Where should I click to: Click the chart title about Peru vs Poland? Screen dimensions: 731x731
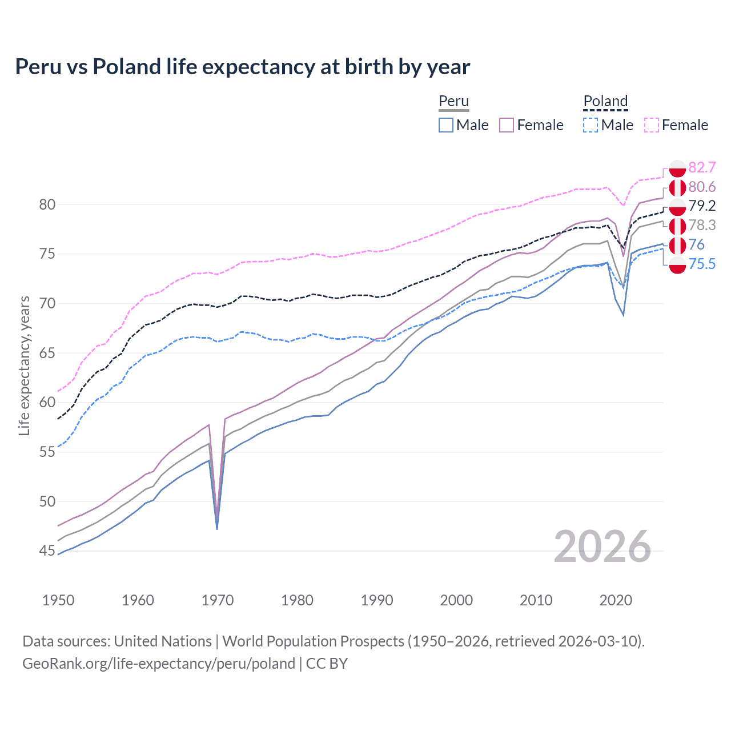pyautogui.click(x=242, y=67)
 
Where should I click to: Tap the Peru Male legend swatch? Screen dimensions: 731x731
pyautogui.click(x=446, y=125)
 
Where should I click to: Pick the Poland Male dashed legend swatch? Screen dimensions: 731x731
pyautogui.click(x=591, y=125)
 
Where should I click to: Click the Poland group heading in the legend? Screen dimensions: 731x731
pyautogui.click(x=605, y=101)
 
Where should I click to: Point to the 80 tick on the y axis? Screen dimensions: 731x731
pyautogui.click(x=47, y=204)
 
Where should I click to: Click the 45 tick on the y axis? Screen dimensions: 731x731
pyautogui.click(x=47, y=551)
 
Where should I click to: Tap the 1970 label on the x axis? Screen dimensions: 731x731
pyautogui.click(x=218, y=600)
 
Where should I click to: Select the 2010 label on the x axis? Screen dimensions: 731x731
pyautogui.click(x=536, y=600)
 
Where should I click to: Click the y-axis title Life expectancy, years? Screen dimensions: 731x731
pyautogui.click(x=25, y=365)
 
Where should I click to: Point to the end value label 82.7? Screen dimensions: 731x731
pyautogui.click(x=702, y=167)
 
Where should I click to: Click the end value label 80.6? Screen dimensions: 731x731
pyautogui.click(x=702, y=187)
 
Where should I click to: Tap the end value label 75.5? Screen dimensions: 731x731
pyautogui.click(x=702, y=264)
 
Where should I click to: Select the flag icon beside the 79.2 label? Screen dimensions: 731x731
pyautogui.click(x=677, y=206)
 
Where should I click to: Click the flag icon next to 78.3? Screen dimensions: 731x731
pyautogui.click(x=677, y=226)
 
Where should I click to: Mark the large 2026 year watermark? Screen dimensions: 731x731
pyautogui.click(x=603, y=547)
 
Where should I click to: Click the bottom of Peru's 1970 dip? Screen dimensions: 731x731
pyautogui.click(x=217, y=528)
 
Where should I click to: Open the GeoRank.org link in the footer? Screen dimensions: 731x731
pyautogui.click(x=159, y=664)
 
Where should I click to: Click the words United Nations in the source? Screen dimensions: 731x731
pyautogui.click(x=163, y=641)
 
